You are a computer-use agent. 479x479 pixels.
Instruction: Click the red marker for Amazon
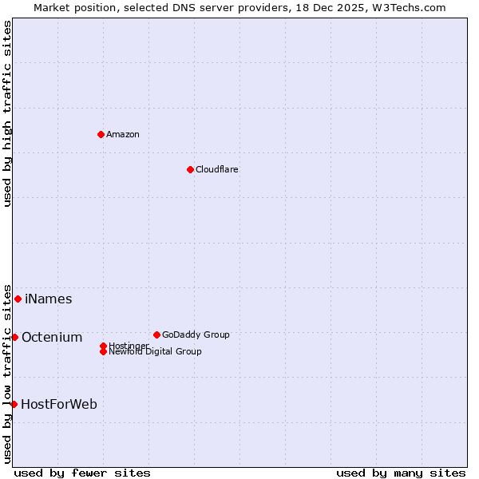tap(101, 134)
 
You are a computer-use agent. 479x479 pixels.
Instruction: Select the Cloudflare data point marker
tap(190, 169)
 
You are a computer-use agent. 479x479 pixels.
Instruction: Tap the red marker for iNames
tap(18, 299)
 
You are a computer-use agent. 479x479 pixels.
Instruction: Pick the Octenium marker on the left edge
tap(14, 337)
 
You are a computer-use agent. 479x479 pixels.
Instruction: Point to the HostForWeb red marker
tap(14, 404)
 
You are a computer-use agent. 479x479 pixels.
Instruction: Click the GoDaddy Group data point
tap(156, 335)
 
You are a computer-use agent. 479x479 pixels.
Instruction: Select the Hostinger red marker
tap(103, 346)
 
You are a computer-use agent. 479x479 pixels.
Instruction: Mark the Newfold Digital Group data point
tap(103, 351)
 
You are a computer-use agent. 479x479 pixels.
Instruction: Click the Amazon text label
tap(123, 134)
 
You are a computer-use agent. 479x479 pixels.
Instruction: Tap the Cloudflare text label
tap(217, 169)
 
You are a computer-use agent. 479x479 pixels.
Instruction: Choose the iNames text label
tap(49, 299)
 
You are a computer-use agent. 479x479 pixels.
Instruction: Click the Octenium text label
tap(52, 338)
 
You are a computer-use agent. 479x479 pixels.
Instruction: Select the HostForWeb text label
tap(59, 405)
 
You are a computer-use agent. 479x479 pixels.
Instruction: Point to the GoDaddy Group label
tap(196, 335)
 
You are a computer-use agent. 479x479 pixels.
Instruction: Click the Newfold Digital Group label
tap(155, 351)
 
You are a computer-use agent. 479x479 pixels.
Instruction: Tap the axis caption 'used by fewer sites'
tap(82, 473)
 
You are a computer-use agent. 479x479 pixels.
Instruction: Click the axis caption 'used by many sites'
tap(401, 473)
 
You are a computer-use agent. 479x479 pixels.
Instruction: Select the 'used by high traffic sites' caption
tap(8, 113)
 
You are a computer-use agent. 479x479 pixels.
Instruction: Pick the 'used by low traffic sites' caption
tap(8, 373)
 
